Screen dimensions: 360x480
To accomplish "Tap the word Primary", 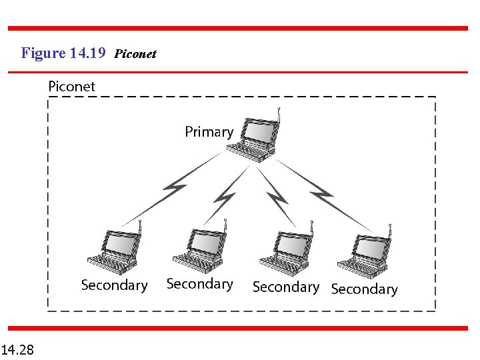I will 209,132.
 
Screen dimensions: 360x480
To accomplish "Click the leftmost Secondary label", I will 114,285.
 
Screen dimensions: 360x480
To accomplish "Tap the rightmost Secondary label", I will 364,289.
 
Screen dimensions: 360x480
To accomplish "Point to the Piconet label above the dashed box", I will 71,87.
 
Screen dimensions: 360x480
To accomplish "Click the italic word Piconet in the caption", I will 135,54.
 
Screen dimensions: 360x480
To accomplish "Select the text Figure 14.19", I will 63,53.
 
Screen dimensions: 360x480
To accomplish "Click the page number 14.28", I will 19,349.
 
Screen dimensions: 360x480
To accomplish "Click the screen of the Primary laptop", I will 261,133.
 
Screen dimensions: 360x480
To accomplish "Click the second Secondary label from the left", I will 199,284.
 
